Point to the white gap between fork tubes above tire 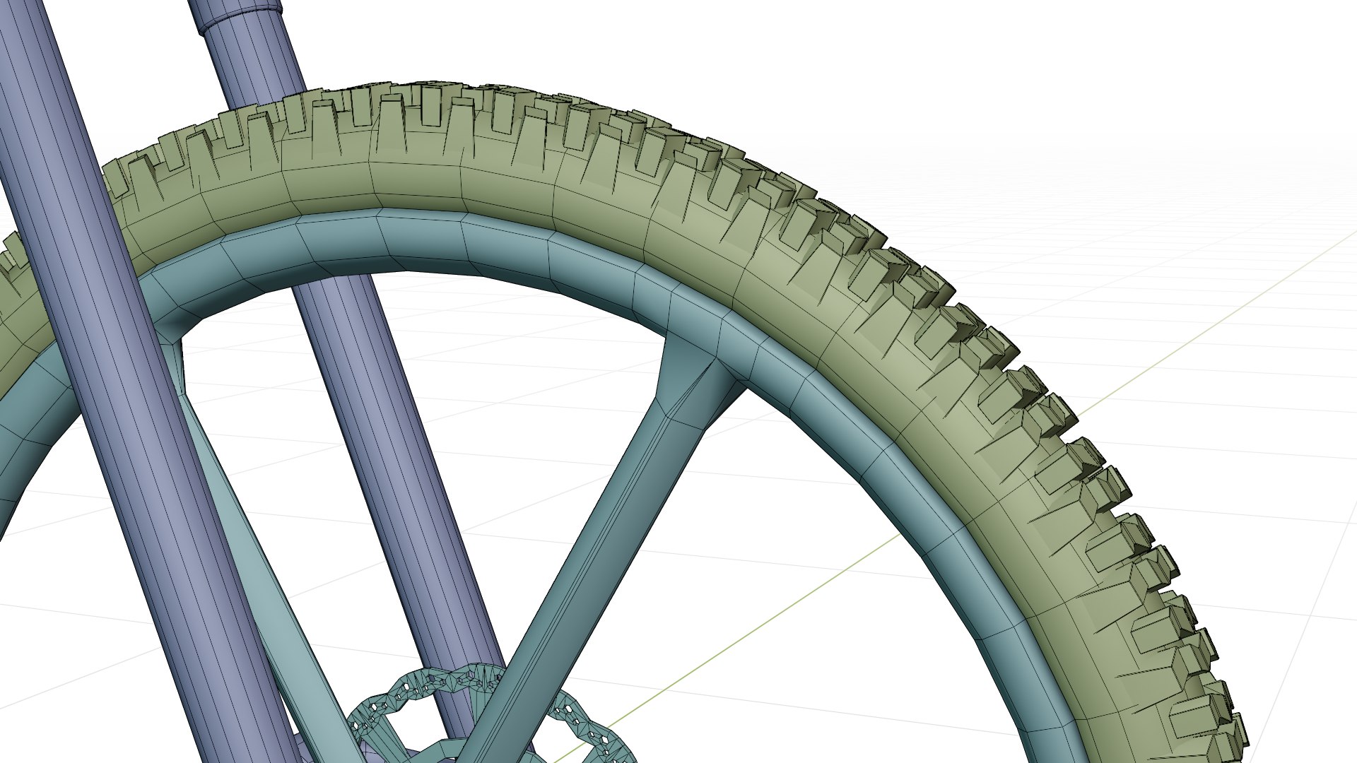tap(141, 71)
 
